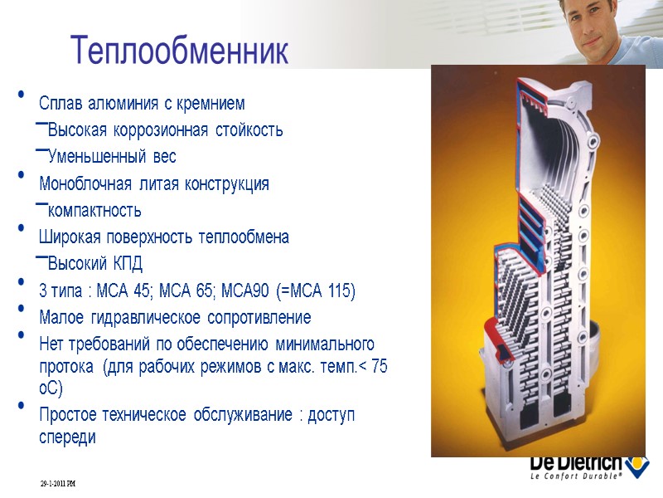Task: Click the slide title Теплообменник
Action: click(180, 51)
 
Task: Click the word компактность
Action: click(94, 210)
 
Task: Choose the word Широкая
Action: click(68, 237)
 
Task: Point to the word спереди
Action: click(67, 437)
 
